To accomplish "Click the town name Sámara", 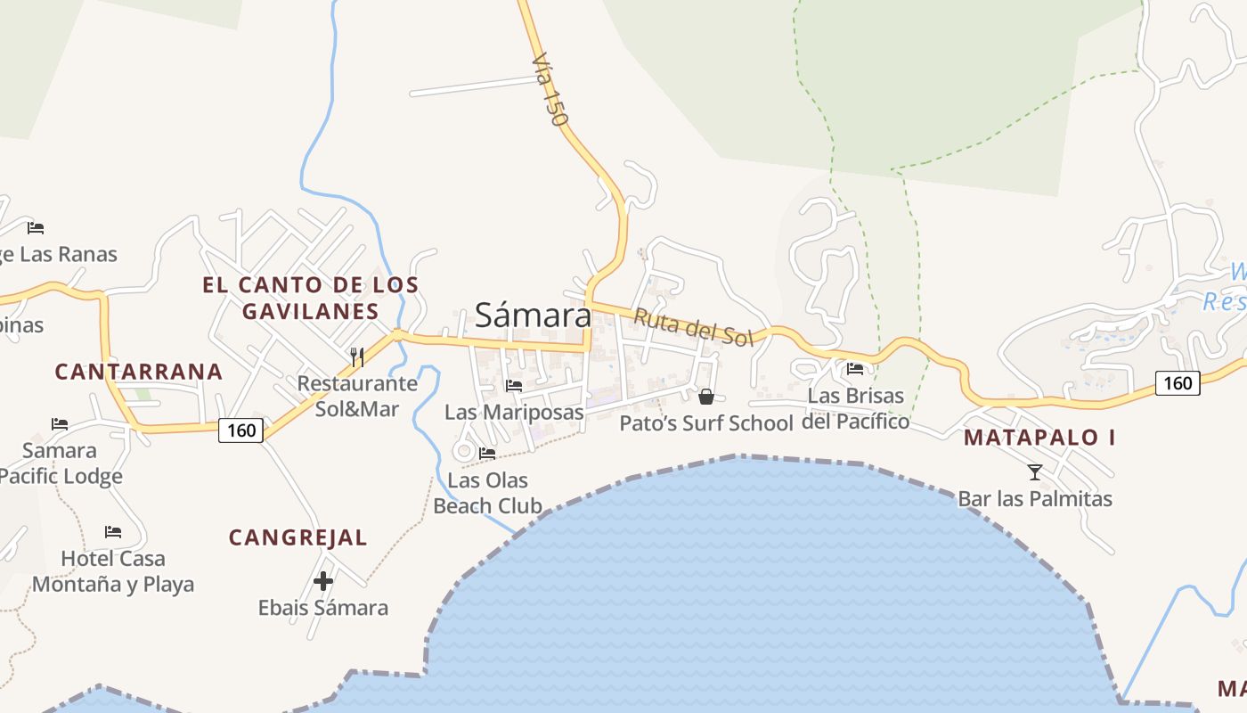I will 532,315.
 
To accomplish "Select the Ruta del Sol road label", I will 694,327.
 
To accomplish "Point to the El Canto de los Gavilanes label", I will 310,298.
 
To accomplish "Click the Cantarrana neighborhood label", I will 138,372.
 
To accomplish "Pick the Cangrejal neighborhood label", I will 297,537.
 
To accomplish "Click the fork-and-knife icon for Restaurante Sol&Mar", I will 357,357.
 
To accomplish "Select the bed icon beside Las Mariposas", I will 514,386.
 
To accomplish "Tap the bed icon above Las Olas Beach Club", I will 487,454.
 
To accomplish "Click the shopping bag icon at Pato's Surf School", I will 706,396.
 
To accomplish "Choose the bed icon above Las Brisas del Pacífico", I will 855,369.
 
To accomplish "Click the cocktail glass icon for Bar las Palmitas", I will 1034,471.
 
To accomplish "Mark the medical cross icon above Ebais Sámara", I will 323,581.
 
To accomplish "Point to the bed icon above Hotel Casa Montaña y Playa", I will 112,532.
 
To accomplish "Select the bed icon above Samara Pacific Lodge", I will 60,423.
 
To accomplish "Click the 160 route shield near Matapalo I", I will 1178,383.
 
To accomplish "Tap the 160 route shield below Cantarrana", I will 240,431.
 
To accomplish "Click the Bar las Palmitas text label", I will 1035,498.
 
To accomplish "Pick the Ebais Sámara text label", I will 323,608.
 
